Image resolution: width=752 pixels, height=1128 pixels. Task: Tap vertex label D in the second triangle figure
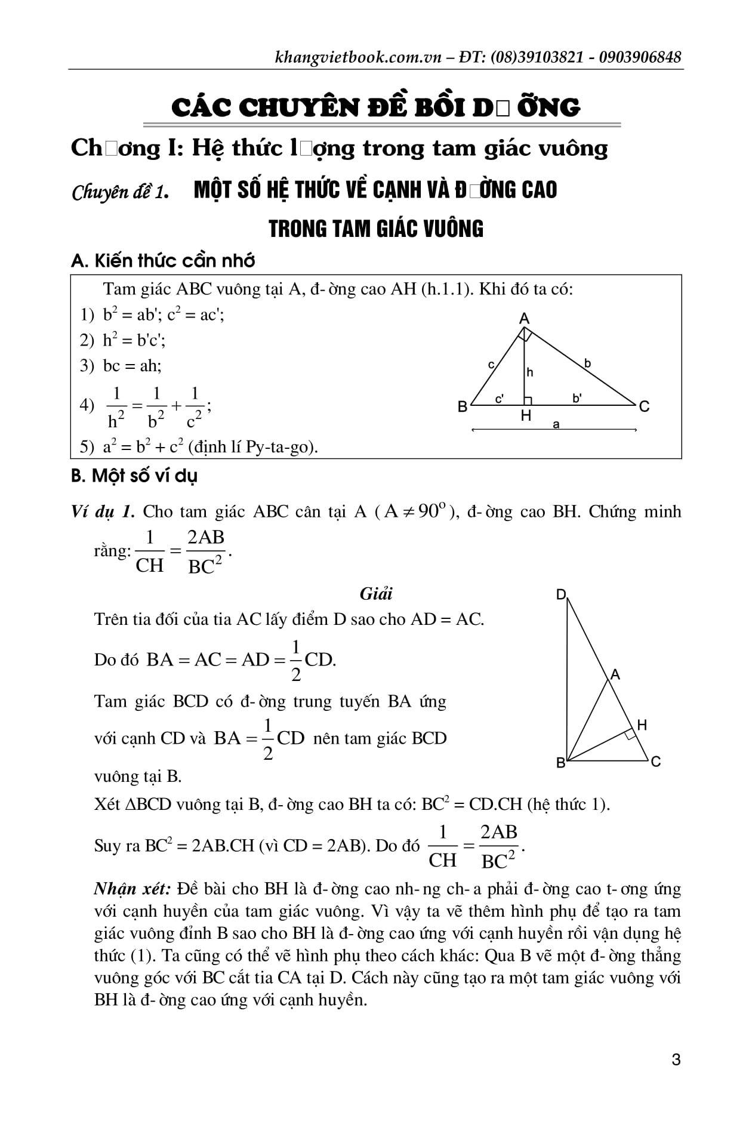point(561,594)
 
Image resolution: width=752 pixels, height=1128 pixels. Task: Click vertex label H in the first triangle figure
point(526,415)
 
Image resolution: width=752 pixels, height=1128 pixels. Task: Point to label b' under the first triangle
point(577,398)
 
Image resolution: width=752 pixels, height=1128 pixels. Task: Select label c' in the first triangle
point(500,399)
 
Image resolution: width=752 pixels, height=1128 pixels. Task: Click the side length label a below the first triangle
point(556,424)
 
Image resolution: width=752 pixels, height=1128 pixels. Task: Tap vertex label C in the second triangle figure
point(656,762)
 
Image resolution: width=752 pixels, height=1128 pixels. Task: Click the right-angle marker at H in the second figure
point(630,735)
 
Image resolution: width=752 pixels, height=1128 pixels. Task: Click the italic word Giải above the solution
point(376,594)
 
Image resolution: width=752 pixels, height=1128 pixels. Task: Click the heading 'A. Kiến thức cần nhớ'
point(163,261)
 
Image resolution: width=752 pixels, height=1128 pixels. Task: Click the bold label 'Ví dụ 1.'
point(103,511)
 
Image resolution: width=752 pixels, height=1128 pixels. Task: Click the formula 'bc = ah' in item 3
point(131,365)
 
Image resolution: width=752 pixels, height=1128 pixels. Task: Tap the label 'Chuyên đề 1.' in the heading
point(119,192)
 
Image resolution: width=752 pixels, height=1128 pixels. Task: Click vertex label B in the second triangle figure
point(560,763)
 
